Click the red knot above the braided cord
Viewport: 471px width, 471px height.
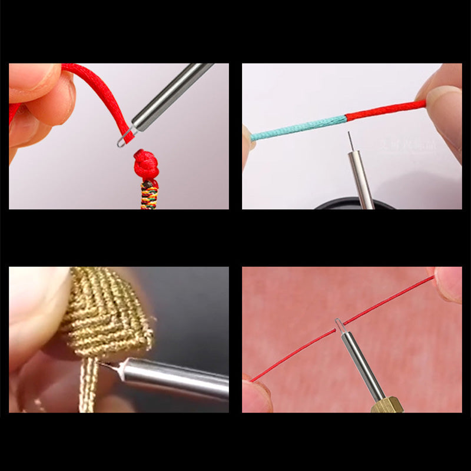coord(145,165)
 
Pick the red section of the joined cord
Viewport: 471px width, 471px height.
coord(386,110)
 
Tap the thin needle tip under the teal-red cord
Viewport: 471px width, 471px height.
coord(350,140)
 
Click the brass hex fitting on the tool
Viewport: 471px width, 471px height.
coord(386,405)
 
